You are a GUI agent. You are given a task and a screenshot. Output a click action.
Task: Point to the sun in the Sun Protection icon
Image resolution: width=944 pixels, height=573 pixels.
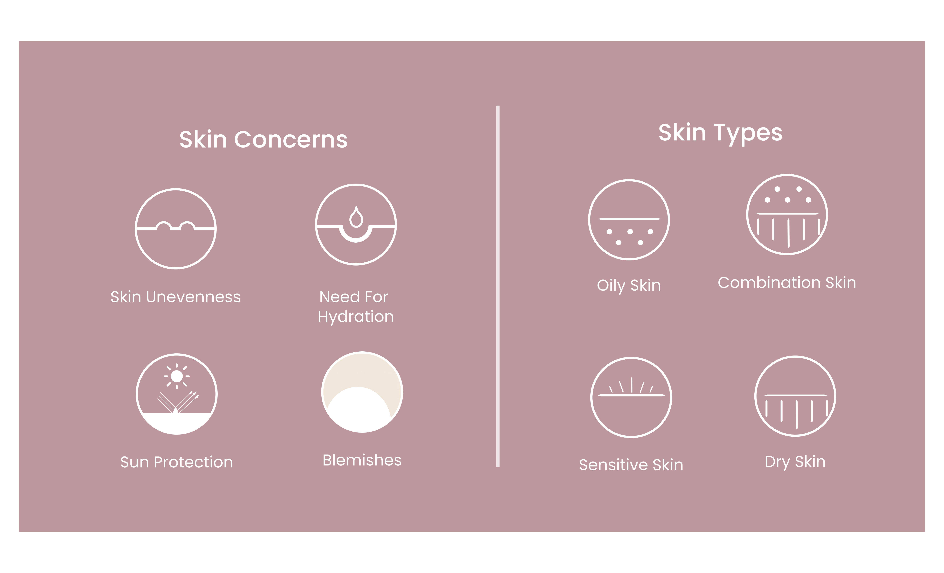[x=177, y=376]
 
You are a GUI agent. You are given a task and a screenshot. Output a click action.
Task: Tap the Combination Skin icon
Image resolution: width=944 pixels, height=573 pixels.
[x=787, y=215]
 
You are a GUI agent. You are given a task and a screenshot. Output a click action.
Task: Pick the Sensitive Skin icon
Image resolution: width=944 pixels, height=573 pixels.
[x=631, y=397]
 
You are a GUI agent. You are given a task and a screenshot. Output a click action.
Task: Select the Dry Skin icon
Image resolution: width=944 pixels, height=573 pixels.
[x=795, y=396]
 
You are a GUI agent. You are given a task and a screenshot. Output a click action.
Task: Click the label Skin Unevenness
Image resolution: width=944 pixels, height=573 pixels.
[x=176, y=297]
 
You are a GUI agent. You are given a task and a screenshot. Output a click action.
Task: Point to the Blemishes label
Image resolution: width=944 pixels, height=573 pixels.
[x=362, y=460]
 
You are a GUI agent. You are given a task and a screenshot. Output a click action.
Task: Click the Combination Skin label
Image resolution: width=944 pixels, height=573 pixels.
[x=787, y=283]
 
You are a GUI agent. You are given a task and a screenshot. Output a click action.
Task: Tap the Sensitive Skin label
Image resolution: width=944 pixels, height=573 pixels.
[x=631, y=465]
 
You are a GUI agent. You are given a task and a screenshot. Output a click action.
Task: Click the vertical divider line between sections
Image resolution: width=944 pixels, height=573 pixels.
[x=498, y=286]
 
